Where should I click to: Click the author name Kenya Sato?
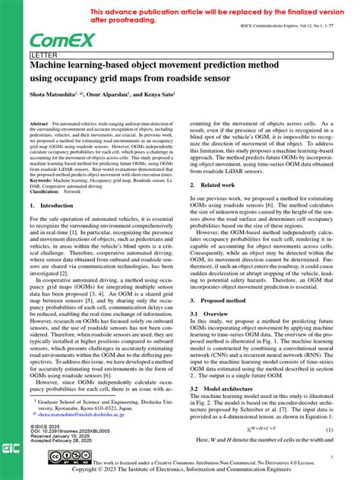pos(158,94)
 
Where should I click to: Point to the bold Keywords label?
pos(43,179)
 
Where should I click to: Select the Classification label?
pos(46,191)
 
